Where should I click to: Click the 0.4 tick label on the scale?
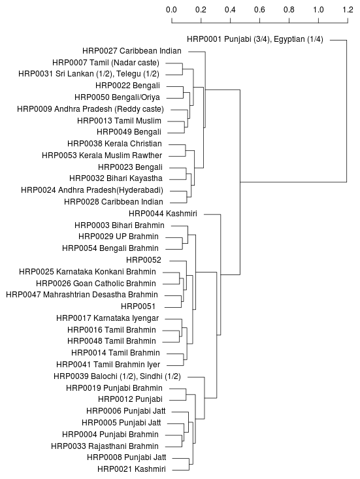tap(230, 10)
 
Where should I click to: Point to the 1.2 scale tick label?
tap(348, 10)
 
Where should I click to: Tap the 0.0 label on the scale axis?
tap(171, 10)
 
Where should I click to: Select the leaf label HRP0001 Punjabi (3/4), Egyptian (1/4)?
tap(255, 39)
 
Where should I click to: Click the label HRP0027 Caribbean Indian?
tap(132, 51)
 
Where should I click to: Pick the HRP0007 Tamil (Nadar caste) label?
tap(106, 63)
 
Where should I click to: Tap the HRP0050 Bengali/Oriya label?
tap(117, 97)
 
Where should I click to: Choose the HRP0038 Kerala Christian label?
tap(114, 144)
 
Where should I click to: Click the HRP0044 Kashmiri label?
tap(163, 214)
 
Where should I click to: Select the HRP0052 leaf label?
tap(144, 260)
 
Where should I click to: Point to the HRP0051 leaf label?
tap(139, 306)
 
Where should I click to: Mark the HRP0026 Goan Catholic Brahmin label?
tap(96, 284)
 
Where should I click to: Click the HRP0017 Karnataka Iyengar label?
tap(108, 318)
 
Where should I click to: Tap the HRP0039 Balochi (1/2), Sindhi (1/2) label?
tap(117, 376)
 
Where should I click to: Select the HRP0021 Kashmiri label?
tap(131, 469)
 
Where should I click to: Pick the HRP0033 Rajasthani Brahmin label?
tap(105, 446)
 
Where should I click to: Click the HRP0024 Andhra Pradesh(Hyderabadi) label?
tap(92, 190)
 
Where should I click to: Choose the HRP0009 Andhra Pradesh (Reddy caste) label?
tap(90, 109)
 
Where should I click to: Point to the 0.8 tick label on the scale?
tap(289, 10)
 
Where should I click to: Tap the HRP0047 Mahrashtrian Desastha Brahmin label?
tap(82, 295)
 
